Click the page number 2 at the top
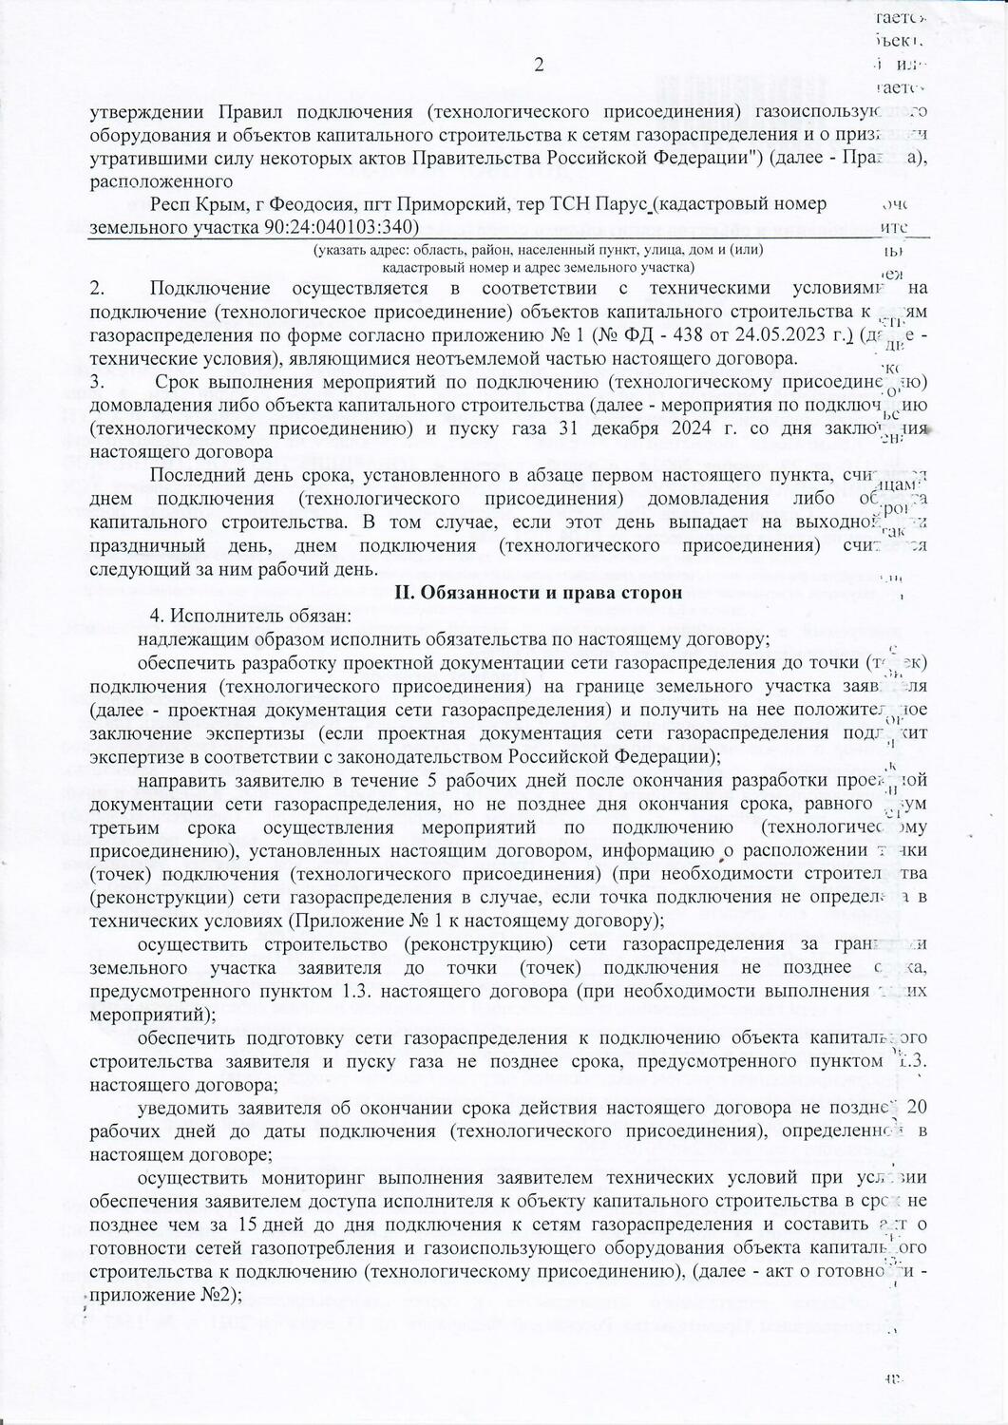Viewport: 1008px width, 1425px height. [540, 66]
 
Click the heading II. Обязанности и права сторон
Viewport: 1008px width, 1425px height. [538, 593]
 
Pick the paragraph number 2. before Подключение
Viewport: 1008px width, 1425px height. [96, 288]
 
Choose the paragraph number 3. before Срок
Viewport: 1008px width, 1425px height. [96, 382]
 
